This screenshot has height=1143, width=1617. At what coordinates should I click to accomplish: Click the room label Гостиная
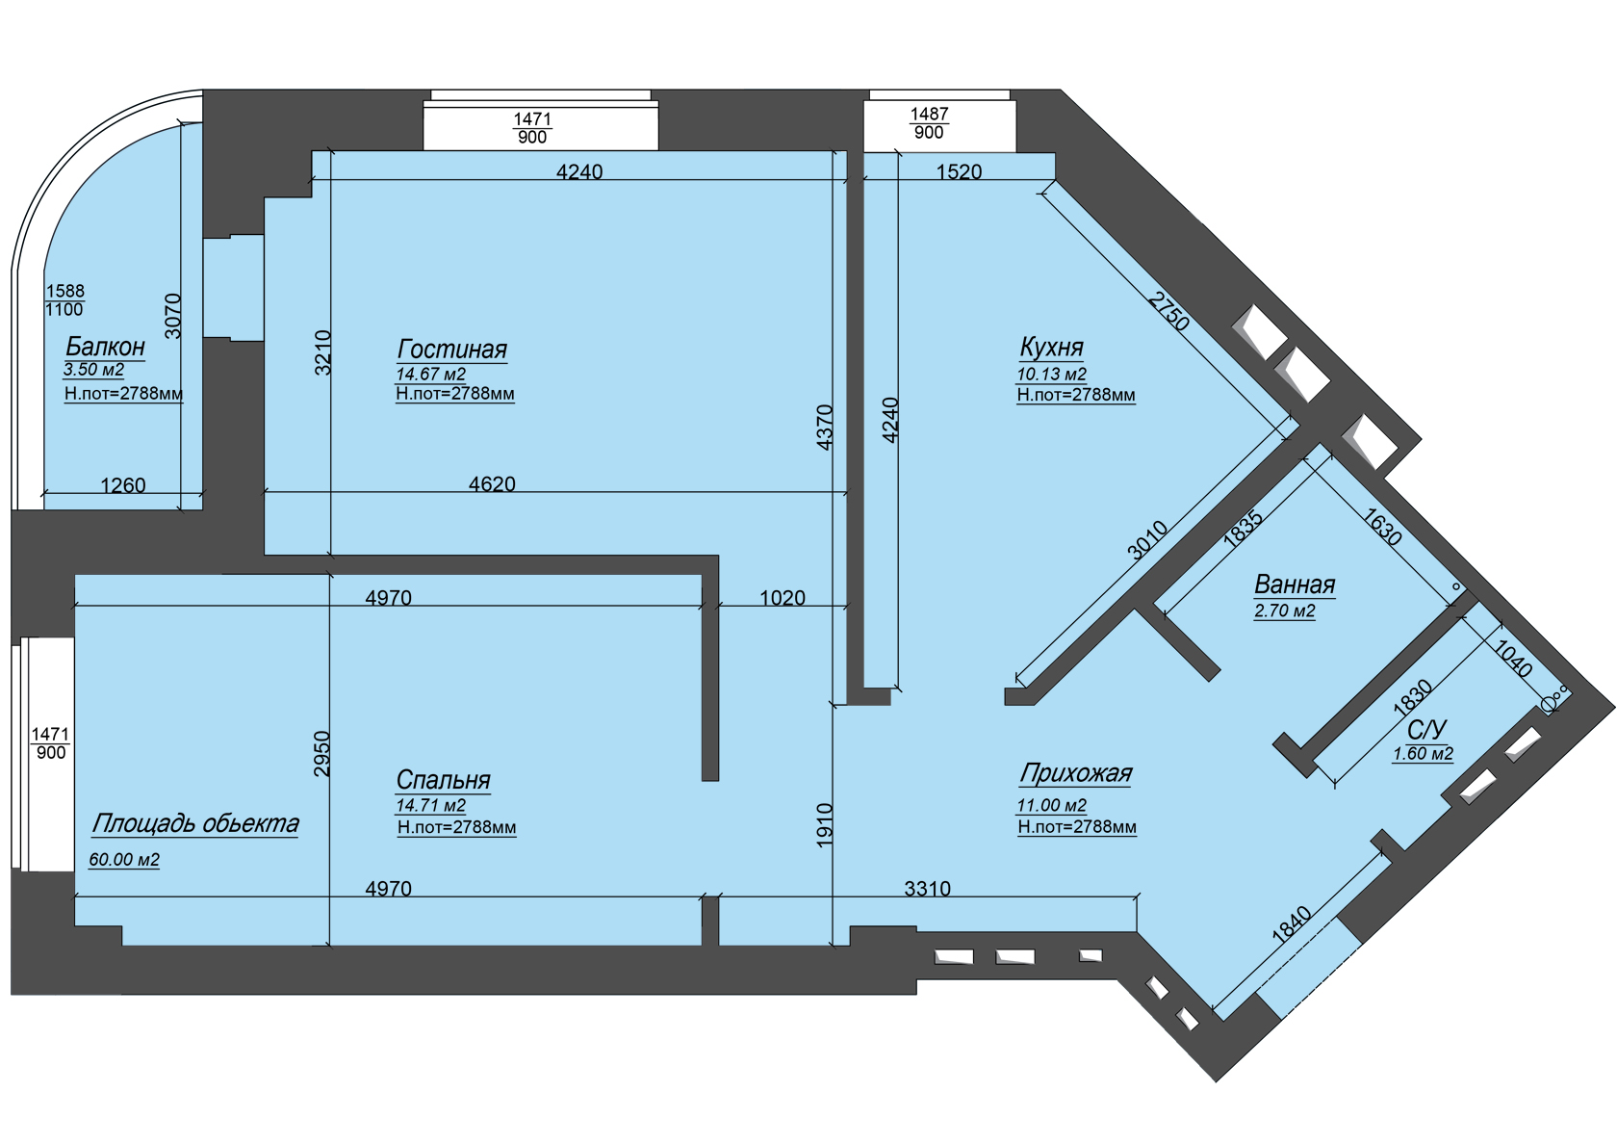click(452, 351)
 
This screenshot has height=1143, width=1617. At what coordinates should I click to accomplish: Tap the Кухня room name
click(1051, 348)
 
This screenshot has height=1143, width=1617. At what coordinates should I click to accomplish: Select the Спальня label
click(443, 780)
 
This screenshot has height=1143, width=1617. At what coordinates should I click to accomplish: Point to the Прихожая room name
click(1076, 774)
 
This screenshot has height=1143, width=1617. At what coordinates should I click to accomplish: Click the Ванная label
click(1295, 584)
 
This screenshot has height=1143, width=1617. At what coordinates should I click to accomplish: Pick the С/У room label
click(1426, 730)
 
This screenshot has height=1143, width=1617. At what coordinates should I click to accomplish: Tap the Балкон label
click(106, 348)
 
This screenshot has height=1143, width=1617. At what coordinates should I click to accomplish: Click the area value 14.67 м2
click(431, 374)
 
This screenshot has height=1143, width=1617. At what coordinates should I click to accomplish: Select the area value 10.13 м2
click(1052, 375)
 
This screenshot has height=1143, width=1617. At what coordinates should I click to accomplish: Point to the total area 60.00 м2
click(124, 860)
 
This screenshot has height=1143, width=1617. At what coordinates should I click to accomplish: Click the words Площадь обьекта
click(194, 824)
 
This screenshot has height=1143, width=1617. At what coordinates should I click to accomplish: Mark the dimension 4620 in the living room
click(493, 483)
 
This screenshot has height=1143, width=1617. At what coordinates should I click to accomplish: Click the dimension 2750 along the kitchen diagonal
click(1168, 311)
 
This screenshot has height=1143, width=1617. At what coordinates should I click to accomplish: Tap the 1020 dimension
click(783, 598)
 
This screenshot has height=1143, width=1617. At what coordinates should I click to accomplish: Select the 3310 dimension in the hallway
click(928, 889)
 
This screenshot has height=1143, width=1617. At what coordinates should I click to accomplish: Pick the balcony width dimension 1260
click(123, 485)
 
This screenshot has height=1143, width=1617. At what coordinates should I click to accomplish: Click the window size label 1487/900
click(929, 123)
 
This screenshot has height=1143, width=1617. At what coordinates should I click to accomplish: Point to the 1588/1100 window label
click(65, 300)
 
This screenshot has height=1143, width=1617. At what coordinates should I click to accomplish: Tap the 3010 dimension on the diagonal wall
click(1147, 541)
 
